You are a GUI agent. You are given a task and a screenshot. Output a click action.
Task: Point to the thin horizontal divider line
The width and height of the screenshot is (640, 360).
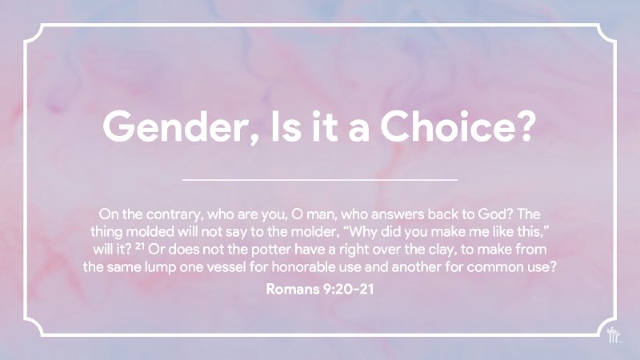(x=320, y=180)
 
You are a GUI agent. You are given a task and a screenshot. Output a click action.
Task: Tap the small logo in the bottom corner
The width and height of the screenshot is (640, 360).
(x=613, y=336)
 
